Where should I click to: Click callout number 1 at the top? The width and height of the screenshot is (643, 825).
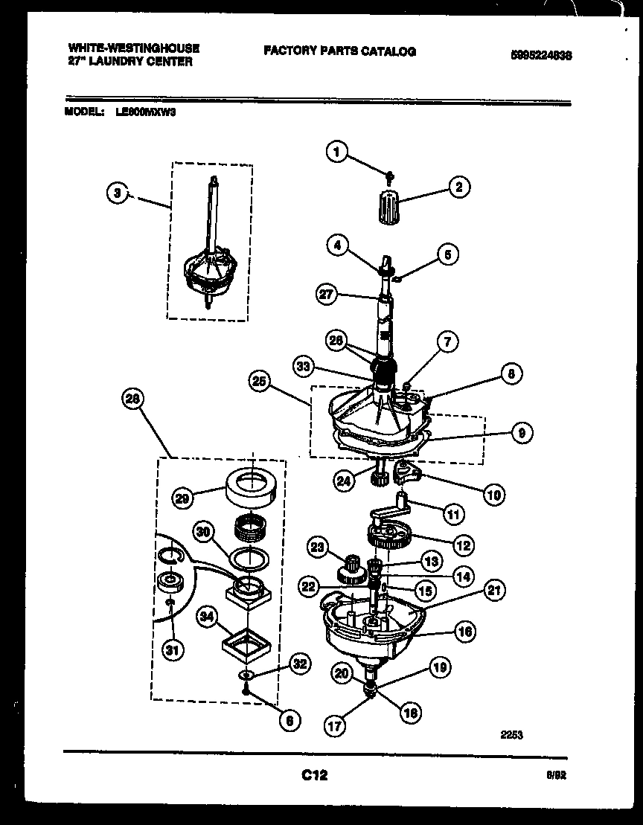[x=336, y=153]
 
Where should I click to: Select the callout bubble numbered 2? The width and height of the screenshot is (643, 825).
[x=458, y=187]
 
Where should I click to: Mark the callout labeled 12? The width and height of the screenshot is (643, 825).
[x=463, y=545]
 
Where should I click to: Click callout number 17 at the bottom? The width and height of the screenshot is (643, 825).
[x=336, y=725]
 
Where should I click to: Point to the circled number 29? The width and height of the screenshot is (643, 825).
[x=182, y=498]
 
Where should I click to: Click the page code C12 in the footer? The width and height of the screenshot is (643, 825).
[x=314, y=775]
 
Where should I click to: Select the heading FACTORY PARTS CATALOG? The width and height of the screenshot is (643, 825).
[x=339, y=51]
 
